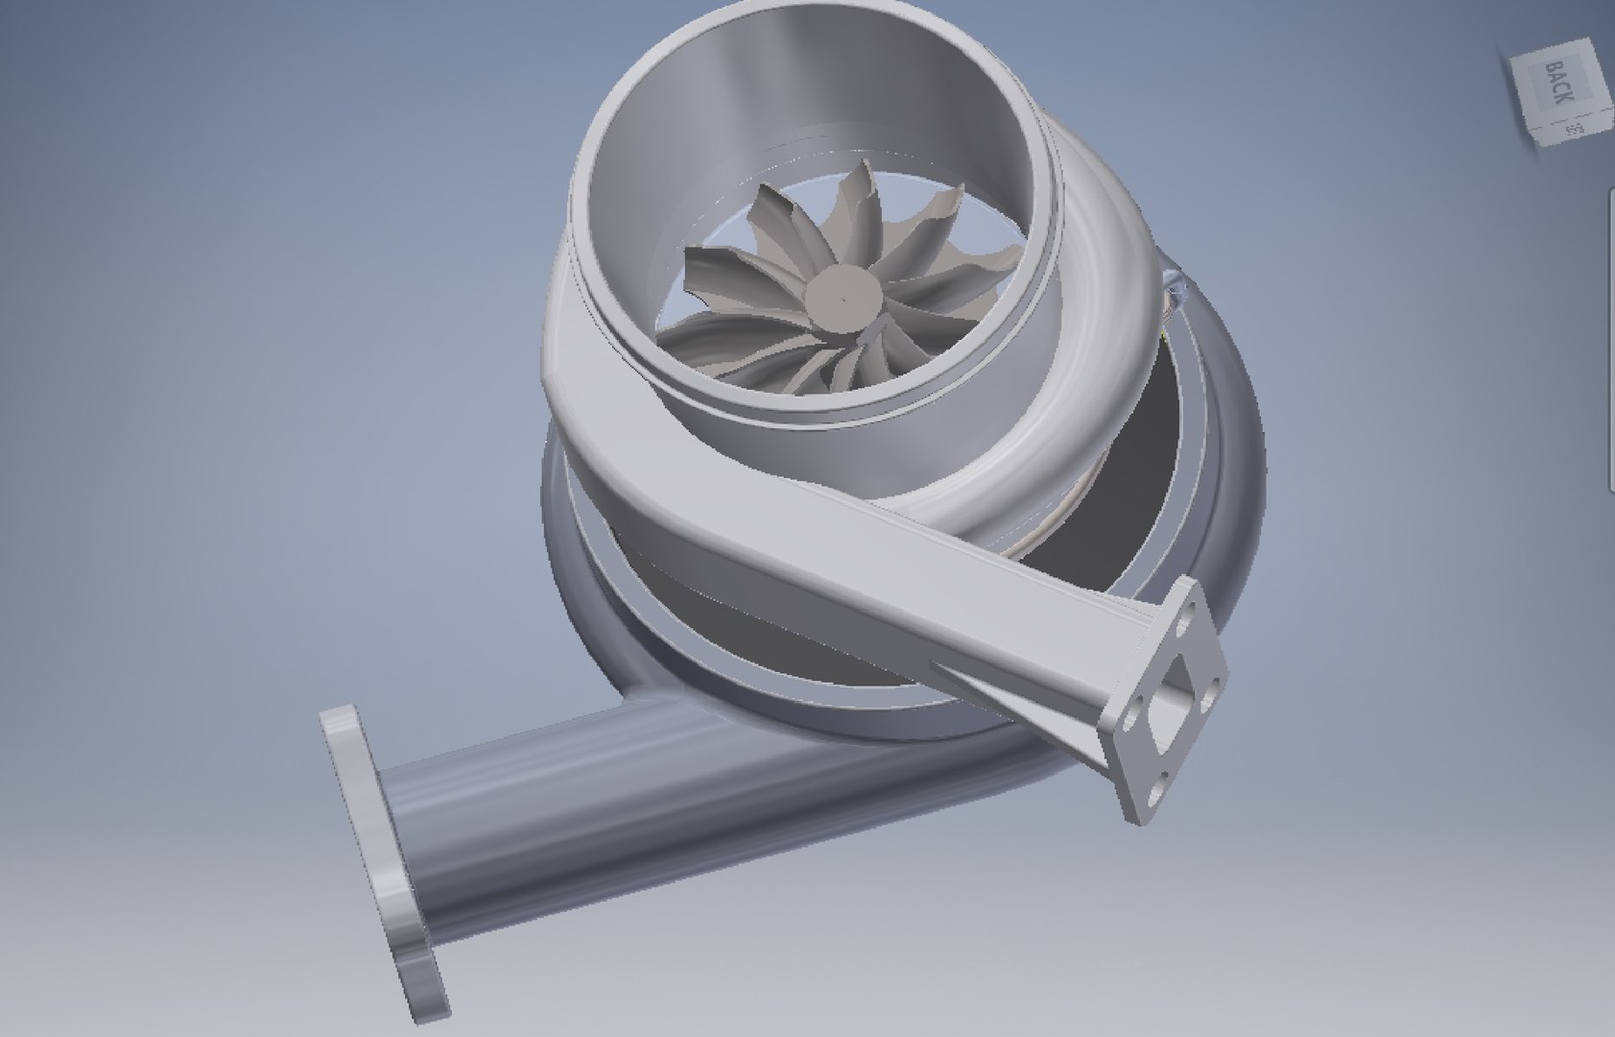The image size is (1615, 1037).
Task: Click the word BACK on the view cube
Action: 1557,84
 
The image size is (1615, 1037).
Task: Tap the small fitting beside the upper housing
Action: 1172,287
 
